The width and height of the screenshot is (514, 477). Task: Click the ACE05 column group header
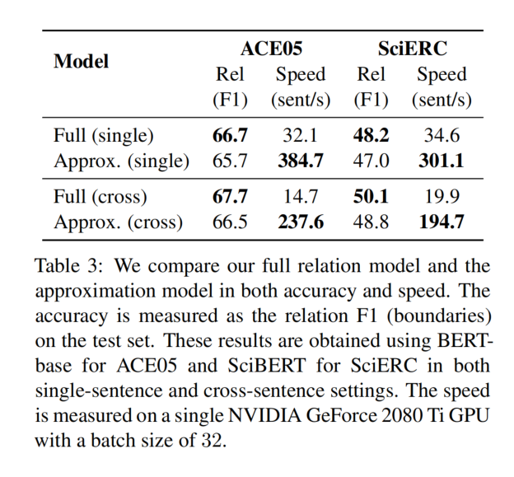tap(272, 49)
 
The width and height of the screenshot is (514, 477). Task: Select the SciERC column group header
tap(413, 49)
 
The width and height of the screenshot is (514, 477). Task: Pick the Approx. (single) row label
tap(121, 161)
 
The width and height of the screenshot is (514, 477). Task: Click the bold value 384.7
tap(300, 161)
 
